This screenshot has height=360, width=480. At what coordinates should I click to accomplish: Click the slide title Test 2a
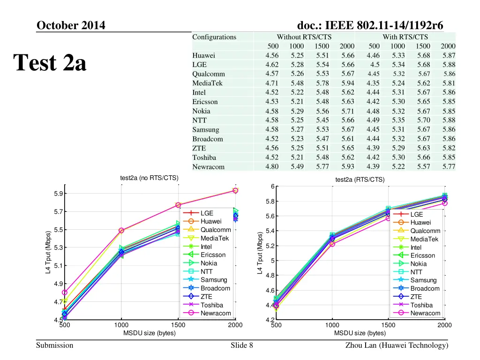(x=50, y=63)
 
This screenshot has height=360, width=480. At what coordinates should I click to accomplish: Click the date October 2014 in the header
(x=71, y=25)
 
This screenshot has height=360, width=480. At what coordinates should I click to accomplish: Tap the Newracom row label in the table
(x=208, y=167)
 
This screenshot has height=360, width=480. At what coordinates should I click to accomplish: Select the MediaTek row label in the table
(x=207, y=83)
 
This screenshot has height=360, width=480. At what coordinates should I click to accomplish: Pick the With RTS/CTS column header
(x=405, y=37)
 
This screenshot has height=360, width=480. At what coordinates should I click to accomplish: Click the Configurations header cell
(x=214, y=37)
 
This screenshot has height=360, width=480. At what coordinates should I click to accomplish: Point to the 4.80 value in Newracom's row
(x=272, y=166)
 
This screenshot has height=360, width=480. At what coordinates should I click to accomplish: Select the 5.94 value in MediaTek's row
(x=348, y=83)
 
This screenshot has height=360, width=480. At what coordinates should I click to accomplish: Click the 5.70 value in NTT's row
(x=423, y=120)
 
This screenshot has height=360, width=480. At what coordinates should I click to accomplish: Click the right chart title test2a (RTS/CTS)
(x=360, y=180)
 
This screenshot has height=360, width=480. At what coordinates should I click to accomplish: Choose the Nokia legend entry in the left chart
(x=209, y=263)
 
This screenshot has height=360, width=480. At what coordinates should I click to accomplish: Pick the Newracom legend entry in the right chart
(x=425, y=313)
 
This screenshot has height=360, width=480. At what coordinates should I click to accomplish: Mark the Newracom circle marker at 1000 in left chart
(x=121, y=230)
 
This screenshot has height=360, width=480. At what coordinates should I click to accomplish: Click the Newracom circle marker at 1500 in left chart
(x=178, y=205)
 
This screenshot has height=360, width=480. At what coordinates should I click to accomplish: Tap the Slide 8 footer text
(x=242, y=345)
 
